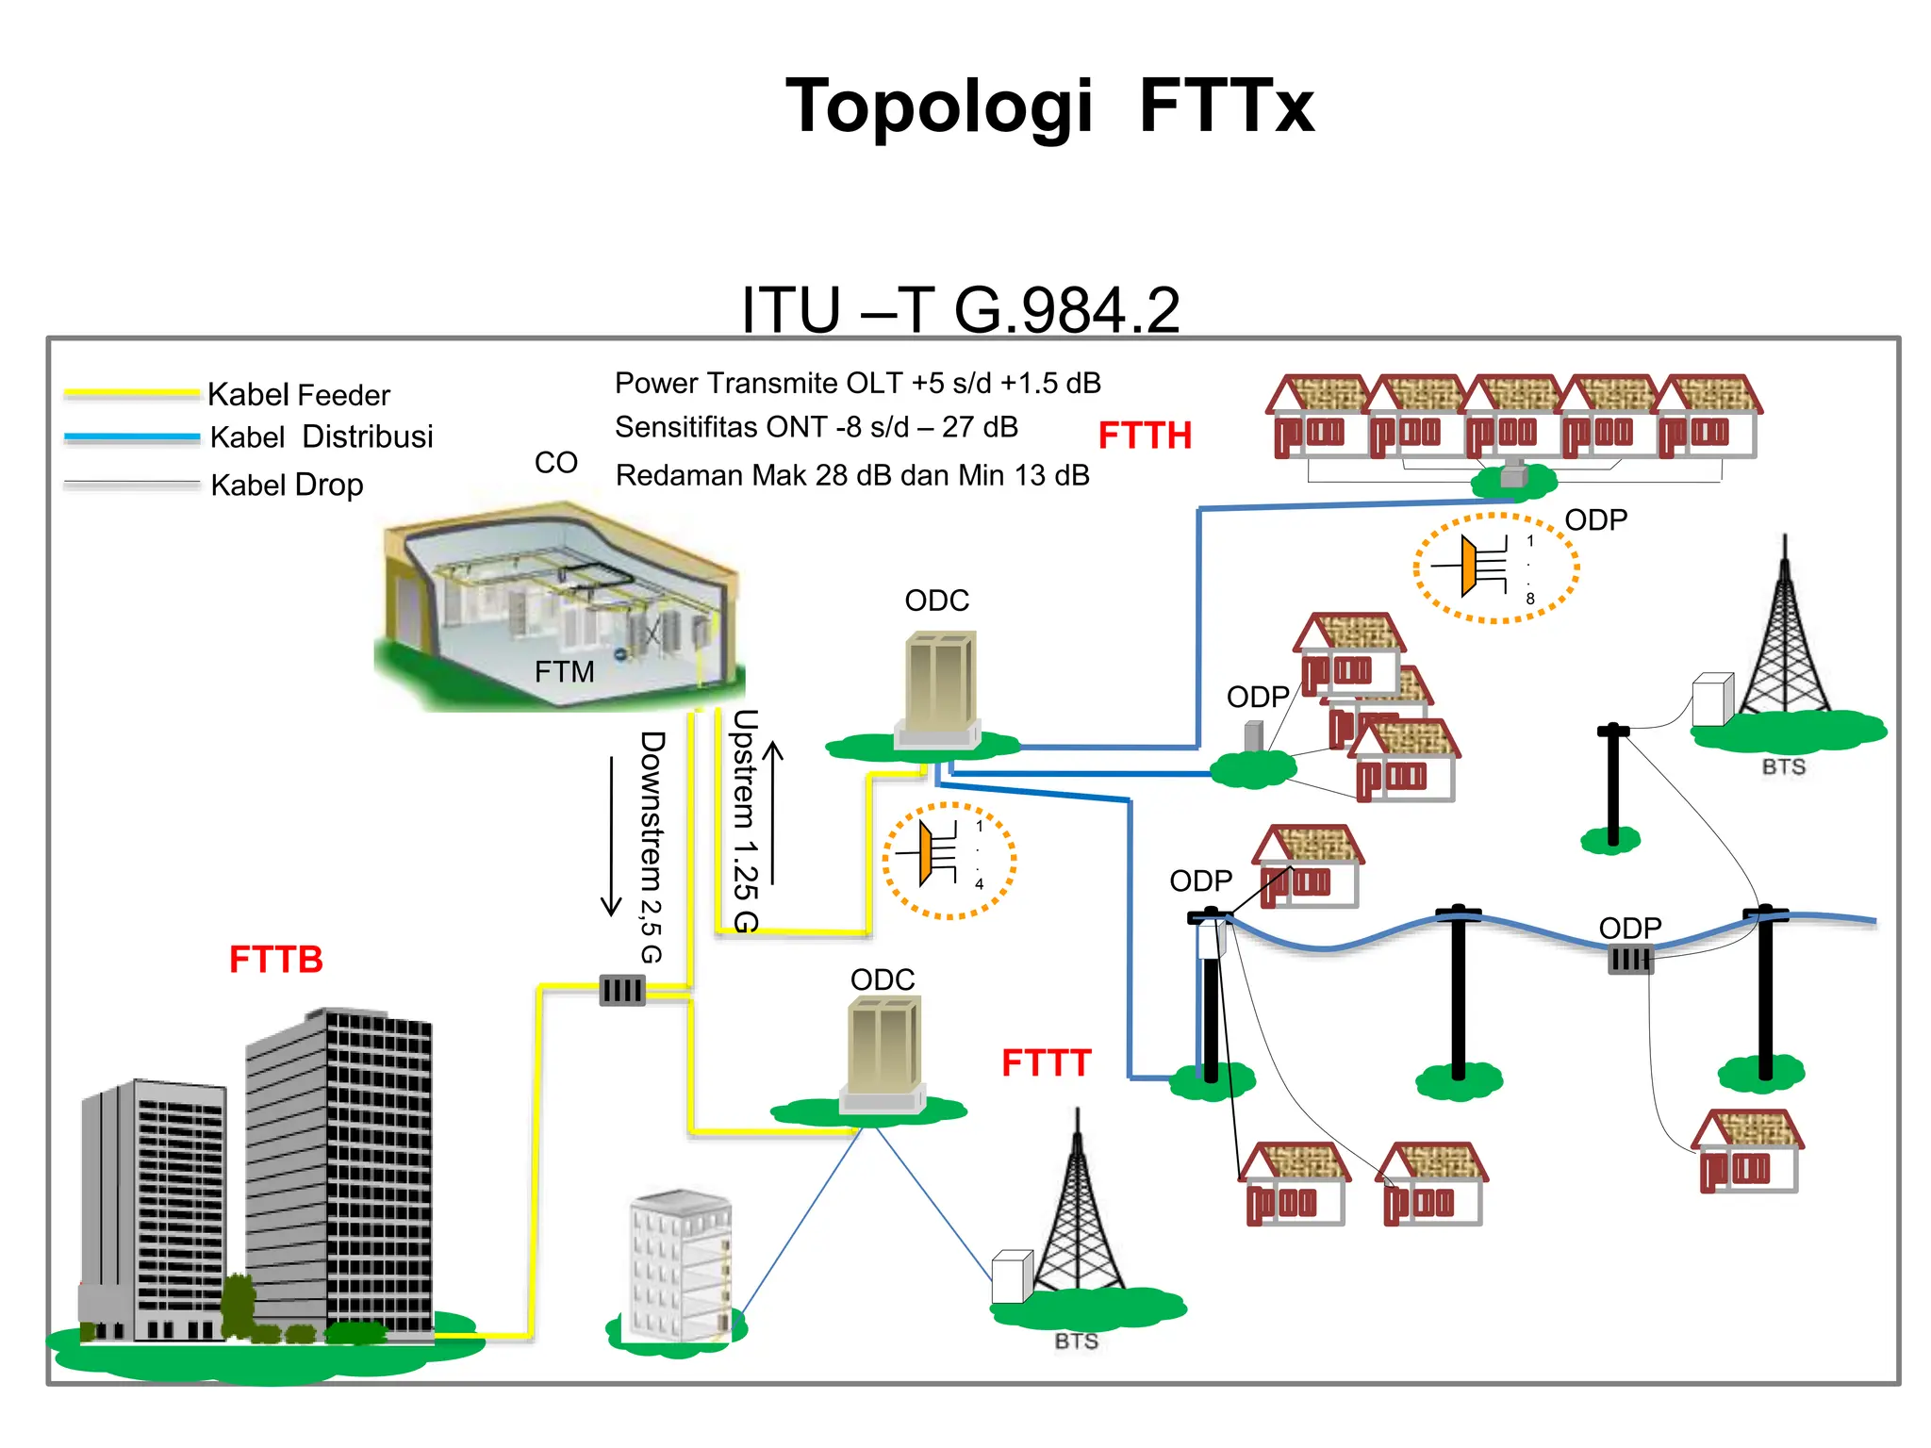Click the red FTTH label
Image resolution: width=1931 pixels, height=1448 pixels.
tap(1145, 436)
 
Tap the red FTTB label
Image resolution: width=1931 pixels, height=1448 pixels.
tap(275, 960)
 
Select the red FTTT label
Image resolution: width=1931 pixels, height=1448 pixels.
tap(1046, 1063)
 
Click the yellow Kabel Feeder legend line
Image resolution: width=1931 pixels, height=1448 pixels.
tap(132, 393)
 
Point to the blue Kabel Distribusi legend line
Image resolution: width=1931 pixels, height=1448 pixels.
tap(132, 437)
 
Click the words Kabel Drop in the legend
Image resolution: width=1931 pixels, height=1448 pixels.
tap(287, 485)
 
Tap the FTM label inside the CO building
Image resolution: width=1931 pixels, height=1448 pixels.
tap(564, 671)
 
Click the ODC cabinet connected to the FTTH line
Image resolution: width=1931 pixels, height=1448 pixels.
tap(939, 688)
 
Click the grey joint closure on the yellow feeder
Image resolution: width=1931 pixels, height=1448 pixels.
tap(622, 990)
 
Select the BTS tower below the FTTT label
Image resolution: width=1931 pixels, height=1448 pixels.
tap(1078, 1216)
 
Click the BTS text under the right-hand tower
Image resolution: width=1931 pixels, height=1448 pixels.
tap(1783, 766)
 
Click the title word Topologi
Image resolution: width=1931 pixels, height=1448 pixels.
tap(939, 106)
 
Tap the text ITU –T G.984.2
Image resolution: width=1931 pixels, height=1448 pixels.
tap(960, 309)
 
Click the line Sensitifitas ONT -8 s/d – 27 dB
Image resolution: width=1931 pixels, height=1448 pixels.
tap(817, 427)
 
